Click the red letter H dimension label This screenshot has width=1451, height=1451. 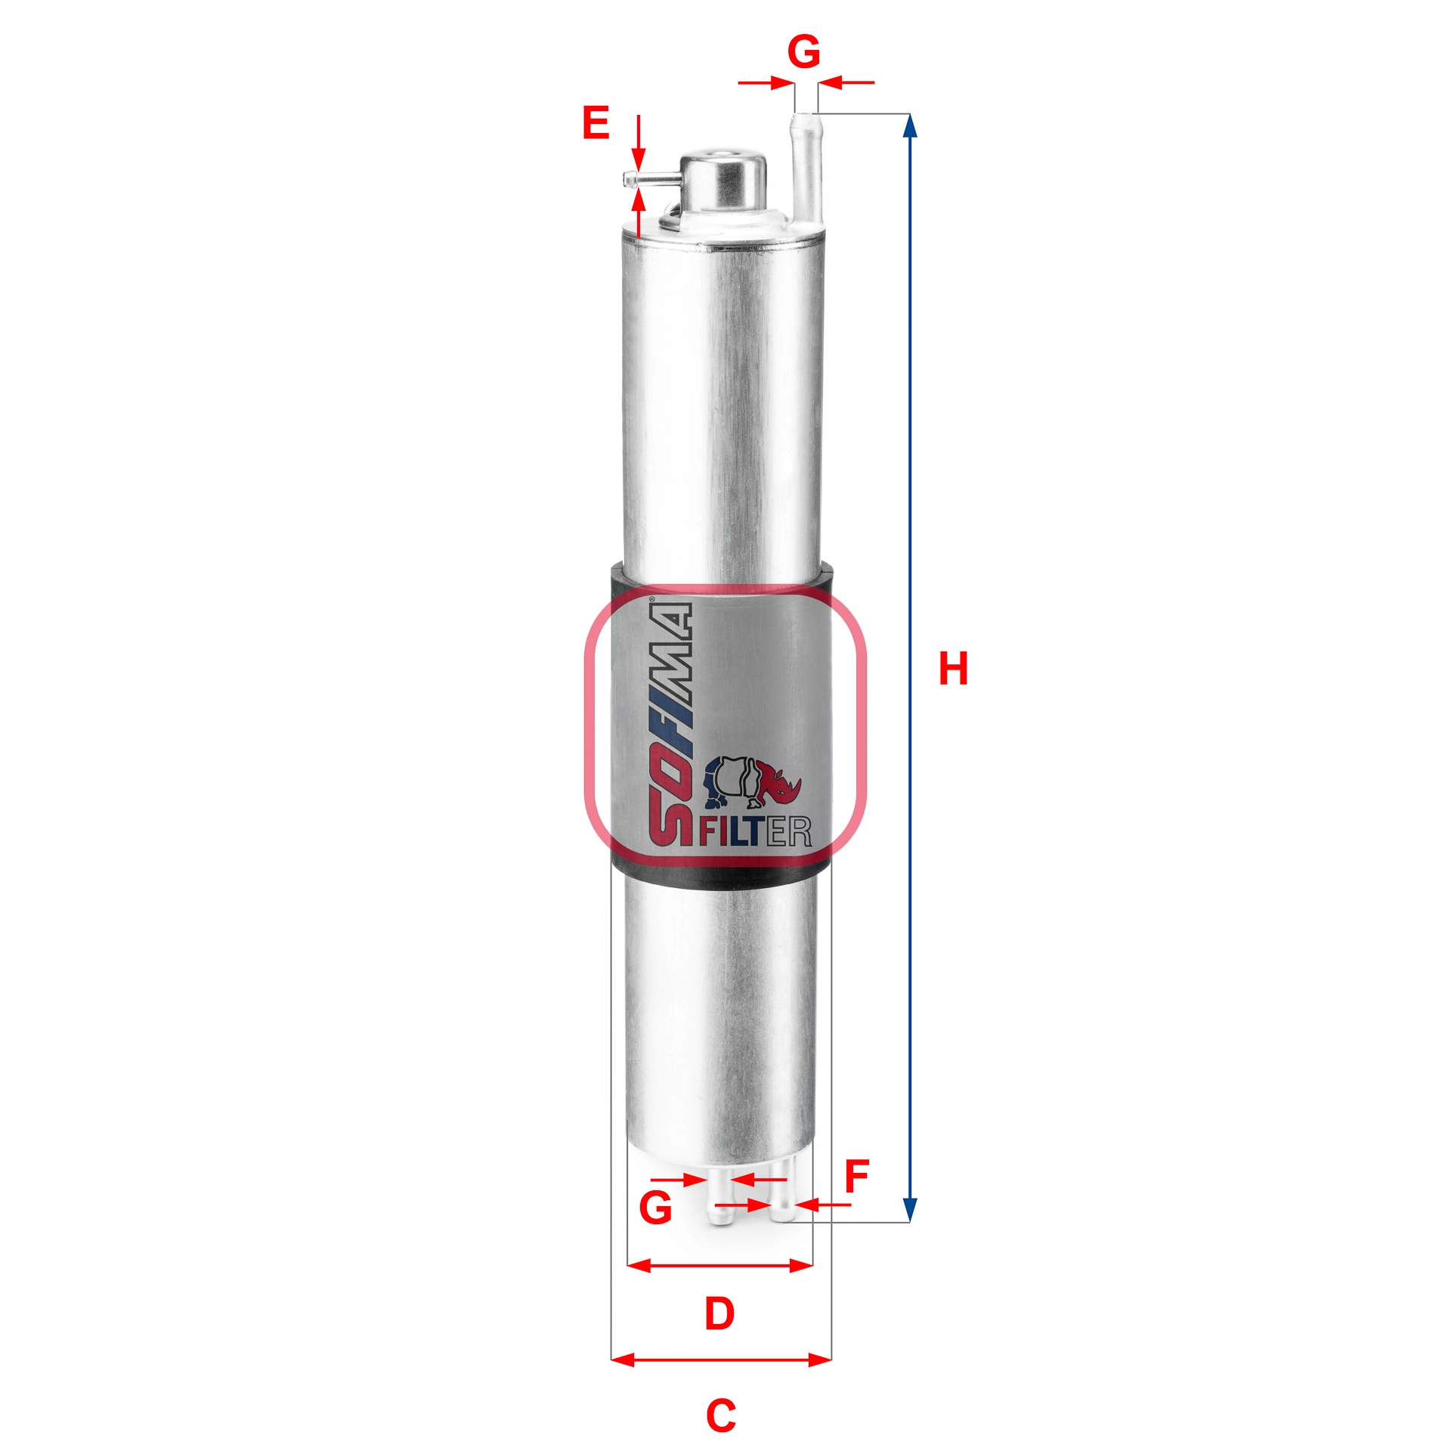click(953, 669)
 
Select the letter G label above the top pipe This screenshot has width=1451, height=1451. click(803, 52)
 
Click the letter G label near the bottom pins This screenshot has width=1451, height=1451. click(655, 1208)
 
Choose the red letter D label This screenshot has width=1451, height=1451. click(719, 1313)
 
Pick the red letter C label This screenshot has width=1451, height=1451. click(720, 1416)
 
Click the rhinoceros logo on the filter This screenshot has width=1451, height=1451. click(753, 783)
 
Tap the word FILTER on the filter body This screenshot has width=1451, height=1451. click(755, 831)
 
